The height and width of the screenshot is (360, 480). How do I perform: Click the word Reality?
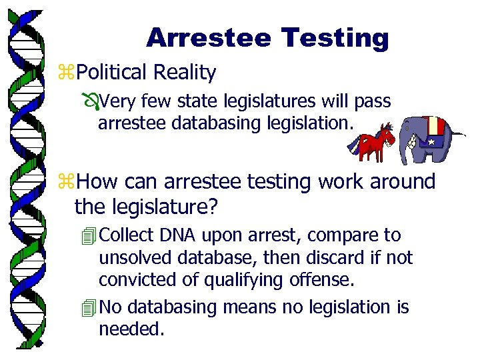click(185, 72)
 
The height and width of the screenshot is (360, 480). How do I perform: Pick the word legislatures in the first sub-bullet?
click(266, 102)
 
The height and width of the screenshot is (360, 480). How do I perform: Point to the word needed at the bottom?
click(131, 328)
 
